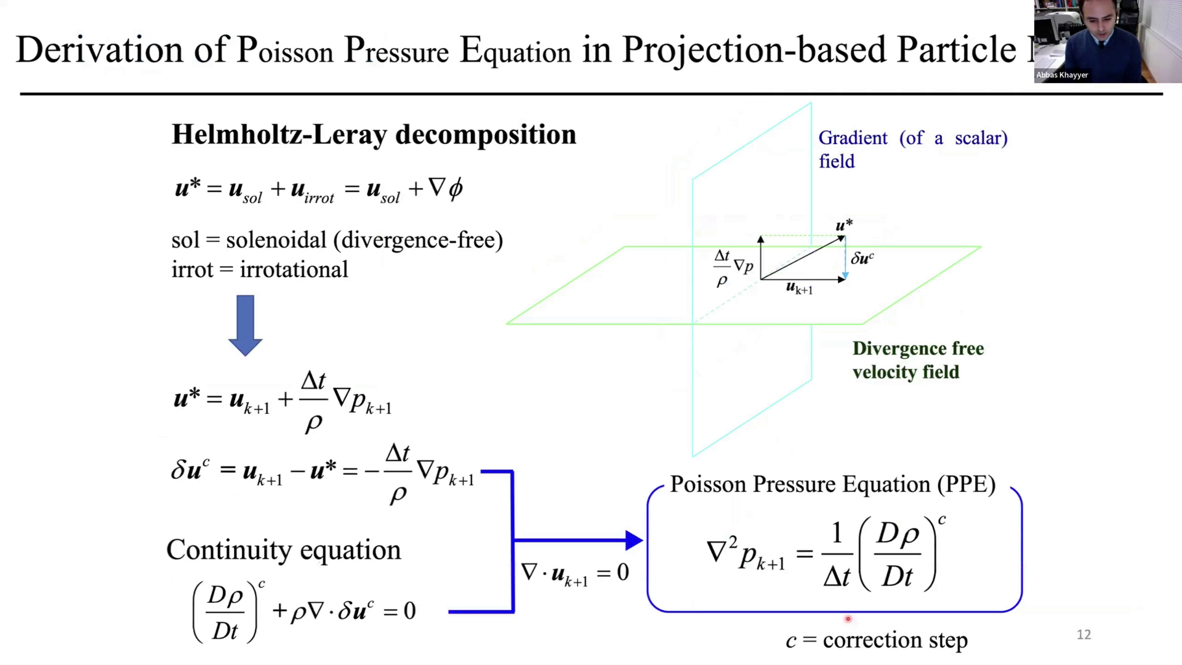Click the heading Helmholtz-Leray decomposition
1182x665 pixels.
374,135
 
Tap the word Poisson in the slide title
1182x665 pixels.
285,50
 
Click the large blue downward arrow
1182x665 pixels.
245,325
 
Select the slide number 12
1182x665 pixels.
1083,635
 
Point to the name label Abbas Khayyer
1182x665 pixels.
1062,75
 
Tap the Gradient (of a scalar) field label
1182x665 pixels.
913,150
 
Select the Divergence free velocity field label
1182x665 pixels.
918,360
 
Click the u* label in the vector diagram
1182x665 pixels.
844,225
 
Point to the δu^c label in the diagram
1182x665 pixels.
862,258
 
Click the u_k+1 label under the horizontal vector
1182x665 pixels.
800,288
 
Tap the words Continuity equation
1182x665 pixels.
284,550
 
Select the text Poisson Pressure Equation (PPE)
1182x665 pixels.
833,485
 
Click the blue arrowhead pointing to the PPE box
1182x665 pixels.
634,540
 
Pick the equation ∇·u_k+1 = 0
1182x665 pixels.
575,573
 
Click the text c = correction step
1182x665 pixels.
877,640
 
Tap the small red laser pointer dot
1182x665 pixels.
848,619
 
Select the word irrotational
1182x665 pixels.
294,270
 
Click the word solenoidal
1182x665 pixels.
276,240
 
